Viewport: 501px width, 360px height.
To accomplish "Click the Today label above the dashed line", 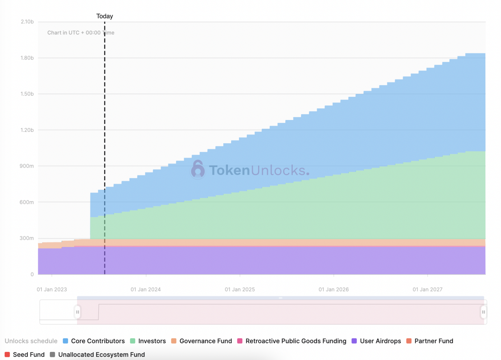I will coord(105,16).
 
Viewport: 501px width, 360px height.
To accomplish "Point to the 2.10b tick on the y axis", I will coord(27,22).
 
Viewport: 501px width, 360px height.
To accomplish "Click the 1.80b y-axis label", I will coord(27,58).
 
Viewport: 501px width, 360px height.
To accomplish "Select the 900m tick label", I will coord(27,166).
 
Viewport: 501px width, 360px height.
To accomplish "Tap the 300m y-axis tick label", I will coord(27,238).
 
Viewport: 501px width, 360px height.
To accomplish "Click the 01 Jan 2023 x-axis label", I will coord(52,290).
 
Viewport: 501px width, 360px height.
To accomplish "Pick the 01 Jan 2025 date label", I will coord(240,290).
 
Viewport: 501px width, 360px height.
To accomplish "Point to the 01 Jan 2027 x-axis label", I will coord(427,290).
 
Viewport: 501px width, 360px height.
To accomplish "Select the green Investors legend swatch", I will coord(133,341).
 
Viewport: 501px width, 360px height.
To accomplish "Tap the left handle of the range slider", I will coord(77,312).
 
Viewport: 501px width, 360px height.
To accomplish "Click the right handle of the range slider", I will coord(483,312).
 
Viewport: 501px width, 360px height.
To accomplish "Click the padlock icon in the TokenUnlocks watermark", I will coord(198,170).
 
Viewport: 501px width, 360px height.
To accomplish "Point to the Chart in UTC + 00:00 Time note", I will coord(81,33).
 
